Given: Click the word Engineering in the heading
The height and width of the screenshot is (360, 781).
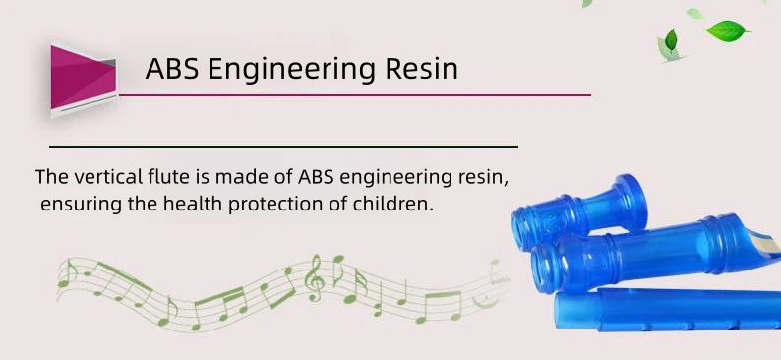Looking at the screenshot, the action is [x=291, y=69].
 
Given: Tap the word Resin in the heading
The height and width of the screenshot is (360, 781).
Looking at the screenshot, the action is [x=421, y=68].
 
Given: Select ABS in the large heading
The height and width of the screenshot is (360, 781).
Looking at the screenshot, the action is [x=172, y=68].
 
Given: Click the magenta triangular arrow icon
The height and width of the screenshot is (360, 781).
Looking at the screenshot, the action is [x=84, y=81].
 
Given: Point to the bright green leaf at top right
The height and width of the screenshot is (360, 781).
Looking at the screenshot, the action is [x=726, y=30].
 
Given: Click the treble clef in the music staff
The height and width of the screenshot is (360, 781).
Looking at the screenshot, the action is [x=315, y=277].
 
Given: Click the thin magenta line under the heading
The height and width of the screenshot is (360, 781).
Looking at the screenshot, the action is [x=355, y=95].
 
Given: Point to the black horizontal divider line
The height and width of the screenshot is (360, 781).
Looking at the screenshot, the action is [x=284, y=147].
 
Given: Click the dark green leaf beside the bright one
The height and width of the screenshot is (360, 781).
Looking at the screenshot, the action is [x=671, y=39].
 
